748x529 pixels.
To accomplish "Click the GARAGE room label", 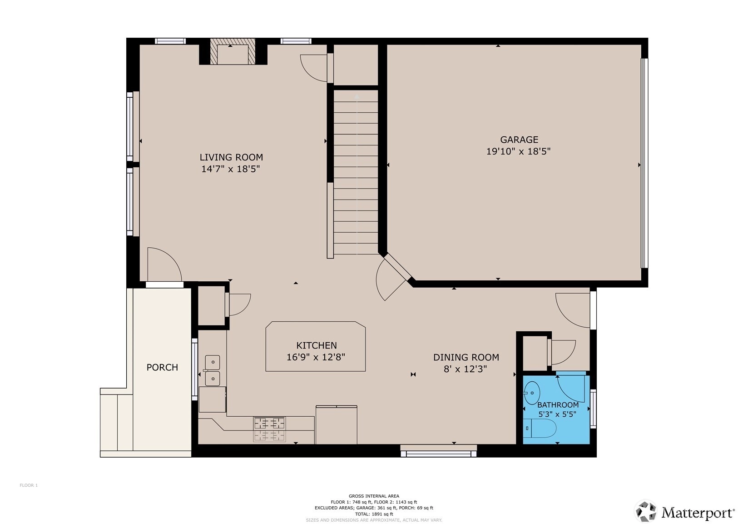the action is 519,140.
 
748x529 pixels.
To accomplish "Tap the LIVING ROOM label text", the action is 231,157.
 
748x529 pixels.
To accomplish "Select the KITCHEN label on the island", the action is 317,345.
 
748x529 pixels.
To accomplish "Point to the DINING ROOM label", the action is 466,357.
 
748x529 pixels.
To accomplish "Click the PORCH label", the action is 162,367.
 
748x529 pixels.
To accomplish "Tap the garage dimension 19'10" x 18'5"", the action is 518,151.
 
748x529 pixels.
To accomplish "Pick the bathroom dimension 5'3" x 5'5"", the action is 557,414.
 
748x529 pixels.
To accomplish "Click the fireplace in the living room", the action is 233,51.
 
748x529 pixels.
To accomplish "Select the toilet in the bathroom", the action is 539,428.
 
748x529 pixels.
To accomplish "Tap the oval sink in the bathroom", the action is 532,393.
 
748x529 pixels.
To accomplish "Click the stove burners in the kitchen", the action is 269,429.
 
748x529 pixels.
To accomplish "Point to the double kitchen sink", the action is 213,370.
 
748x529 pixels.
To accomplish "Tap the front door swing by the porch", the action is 164,264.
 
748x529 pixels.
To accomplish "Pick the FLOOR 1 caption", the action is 29,485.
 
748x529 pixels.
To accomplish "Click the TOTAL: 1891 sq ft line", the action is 374,514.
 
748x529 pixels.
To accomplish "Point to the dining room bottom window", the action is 439,454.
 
